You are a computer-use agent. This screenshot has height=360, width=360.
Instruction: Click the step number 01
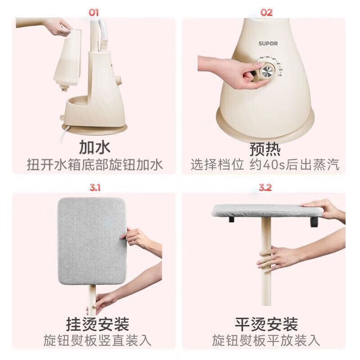point(93,13)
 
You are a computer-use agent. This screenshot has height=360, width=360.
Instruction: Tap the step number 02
point(267,13)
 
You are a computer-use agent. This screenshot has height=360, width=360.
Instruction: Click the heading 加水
point(94,147)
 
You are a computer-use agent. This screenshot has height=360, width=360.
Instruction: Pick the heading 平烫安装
point(266,324)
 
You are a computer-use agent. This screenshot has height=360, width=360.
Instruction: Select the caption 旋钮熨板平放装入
point(266,340)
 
